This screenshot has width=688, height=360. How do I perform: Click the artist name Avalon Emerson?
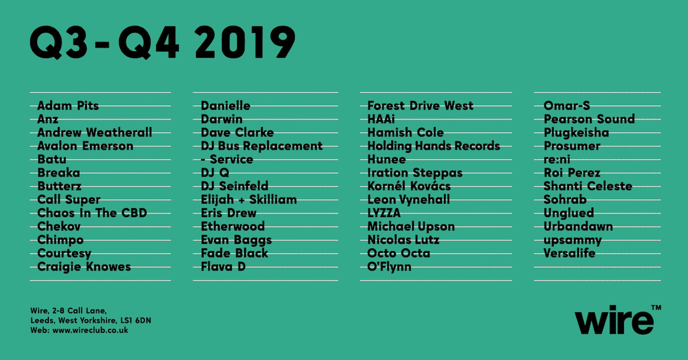85,146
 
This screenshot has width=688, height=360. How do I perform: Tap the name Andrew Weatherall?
95,133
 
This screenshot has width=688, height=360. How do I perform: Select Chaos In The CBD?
92,213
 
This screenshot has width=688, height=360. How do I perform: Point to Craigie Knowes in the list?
84,267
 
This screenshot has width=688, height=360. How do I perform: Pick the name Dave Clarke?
237,133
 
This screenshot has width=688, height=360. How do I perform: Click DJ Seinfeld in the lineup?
235,186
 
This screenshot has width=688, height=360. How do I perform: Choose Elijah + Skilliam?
249,200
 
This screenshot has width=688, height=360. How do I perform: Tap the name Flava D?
223,267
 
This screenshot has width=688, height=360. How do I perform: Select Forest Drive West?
420,106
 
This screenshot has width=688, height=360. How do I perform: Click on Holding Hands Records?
434,146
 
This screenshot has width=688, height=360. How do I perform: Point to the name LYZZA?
384,213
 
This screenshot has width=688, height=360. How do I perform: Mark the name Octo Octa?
399,254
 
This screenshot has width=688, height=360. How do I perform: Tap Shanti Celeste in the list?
588,186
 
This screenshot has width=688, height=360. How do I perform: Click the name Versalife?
570,254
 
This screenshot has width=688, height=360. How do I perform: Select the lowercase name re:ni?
557,159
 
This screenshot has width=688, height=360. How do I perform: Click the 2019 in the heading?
245,43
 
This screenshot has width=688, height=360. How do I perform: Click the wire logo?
614,321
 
